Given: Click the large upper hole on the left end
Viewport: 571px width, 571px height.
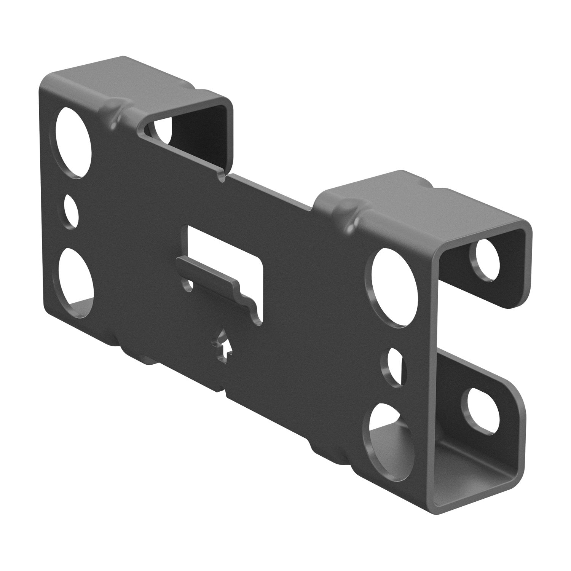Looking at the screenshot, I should point(74,142).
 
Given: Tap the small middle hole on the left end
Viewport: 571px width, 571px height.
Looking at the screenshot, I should point(71,212).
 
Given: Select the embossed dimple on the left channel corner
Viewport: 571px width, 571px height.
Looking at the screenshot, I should point(114,110).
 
